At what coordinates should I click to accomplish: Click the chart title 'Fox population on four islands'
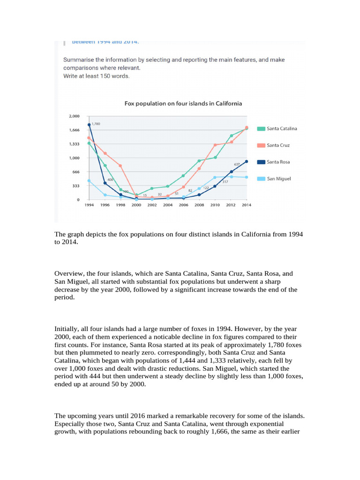(183, 103)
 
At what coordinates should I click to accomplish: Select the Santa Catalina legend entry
(281, 128)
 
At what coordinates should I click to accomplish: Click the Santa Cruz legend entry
(278, 145)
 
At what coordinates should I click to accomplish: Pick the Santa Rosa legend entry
(278, 162)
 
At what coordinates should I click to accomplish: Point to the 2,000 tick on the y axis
(75, 116)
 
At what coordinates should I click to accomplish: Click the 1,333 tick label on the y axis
(75, 144)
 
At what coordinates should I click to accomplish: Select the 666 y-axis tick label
(75, 172)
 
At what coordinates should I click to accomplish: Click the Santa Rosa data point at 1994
(89, 125)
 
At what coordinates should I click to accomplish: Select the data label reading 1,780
(96, 124)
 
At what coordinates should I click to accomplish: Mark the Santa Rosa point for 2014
(247, 161)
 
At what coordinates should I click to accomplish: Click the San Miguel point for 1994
(89, 181)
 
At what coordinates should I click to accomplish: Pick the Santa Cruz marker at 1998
(120, 166)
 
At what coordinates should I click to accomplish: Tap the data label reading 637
(237, 164)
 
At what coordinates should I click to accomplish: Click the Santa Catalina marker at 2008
(199, 161)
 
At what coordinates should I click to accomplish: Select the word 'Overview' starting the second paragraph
(66, 273)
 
